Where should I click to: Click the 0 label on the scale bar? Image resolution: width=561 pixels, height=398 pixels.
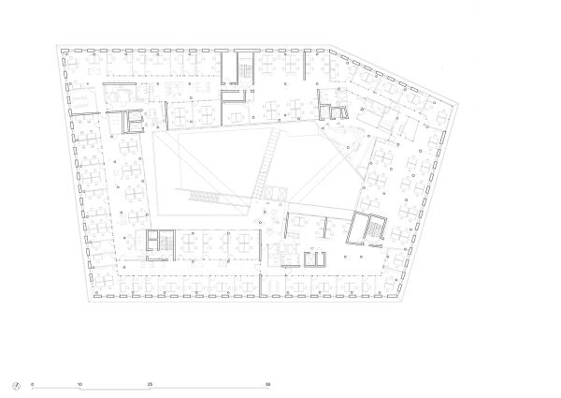pyautogui.click(x=32, y=384)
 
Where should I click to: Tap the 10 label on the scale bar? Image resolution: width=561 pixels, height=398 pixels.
pyautogui.click(x=79, y=384)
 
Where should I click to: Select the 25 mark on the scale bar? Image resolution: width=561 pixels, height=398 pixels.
pyautogui.click(x=150, y=384)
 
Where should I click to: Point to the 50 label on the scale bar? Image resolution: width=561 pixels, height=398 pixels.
pyautogui.click(x=268, y=384)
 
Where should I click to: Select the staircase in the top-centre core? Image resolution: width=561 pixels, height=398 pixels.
pyautogui.click(x=244, y=68)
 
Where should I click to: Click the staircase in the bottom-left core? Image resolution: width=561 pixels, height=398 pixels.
pyautogui.click(x=159, y=242)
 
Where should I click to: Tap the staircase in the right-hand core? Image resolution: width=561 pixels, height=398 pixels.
pyautogui.click(x=374, y=230)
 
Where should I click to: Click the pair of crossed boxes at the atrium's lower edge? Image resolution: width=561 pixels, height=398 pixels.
pyautogui.click(x=273, y=192)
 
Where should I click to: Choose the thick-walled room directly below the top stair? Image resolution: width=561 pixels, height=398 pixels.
pyautogui.click(x=233, y=98)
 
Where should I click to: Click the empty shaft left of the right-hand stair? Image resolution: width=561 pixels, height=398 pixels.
pyautogui.click(x=354, y=229)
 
